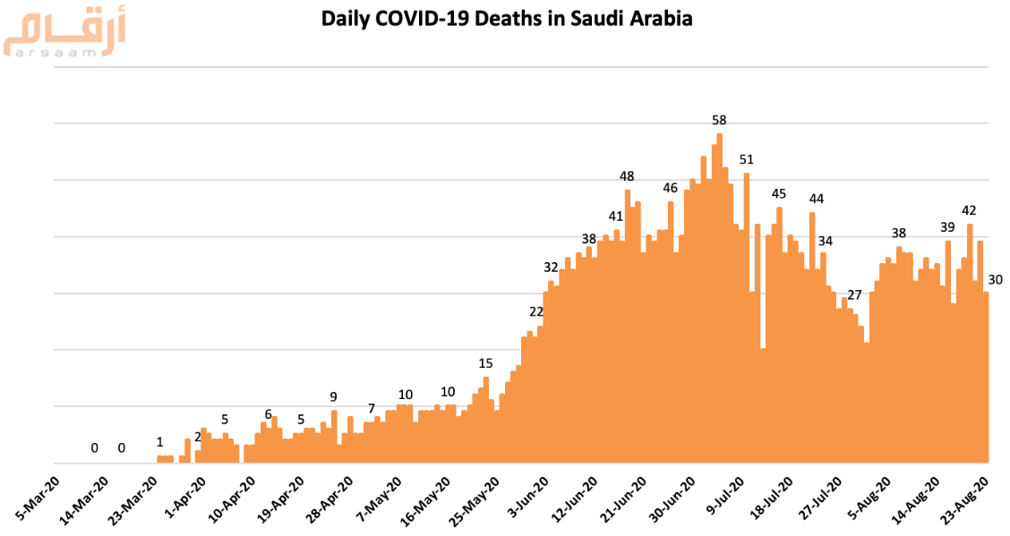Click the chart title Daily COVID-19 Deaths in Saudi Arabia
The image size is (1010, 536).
pyautogui.click(x=507, y=19)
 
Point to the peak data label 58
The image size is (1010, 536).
pyautogui.click(x=719, y=120)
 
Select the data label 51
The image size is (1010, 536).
pyautogui.click(x=747, y=160)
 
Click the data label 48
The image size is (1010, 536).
pyautogui.click(x=628, y=176)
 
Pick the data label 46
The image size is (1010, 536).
pyautogui.click(x=671, y=188)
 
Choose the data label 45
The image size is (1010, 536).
pyautogui.click(x=779, y=194)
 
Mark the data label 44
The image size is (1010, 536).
pyautogui.click(x=817, y=199)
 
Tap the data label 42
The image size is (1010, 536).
pyautogui.click(x=969, y=210)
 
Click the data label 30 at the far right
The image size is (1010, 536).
pyautogui.click(x=995, y=280)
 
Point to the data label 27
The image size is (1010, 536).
pyautogui.click(x=854, y=295)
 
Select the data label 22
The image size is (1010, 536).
pyautogui.click(x=536, y=311)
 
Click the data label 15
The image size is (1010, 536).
pyautogui.click(x=485, y=363)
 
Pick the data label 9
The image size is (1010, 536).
pyautogui.click(x=334, y=396)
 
